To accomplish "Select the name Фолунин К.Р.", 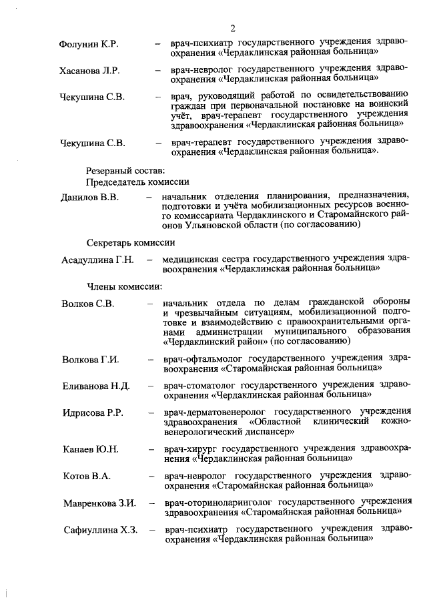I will point(89,45).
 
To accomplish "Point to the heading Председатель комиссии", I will point(137,182).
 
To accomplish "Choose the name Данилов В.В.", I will point(89,198).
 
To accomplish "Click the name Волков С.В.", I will point(89,304).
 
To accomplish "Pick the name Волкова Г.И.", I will point(91,360).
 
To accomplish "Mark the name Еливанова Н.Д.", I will point(96,386).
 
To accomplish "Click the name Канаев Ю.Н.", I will point(91,449).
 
